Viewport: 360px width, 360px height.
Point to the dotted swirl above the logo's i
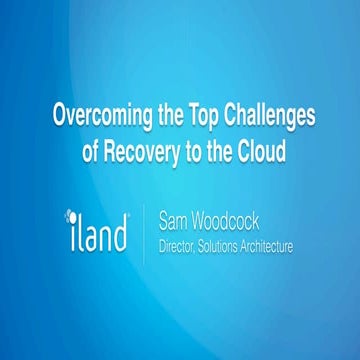(x=71, y=213)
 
